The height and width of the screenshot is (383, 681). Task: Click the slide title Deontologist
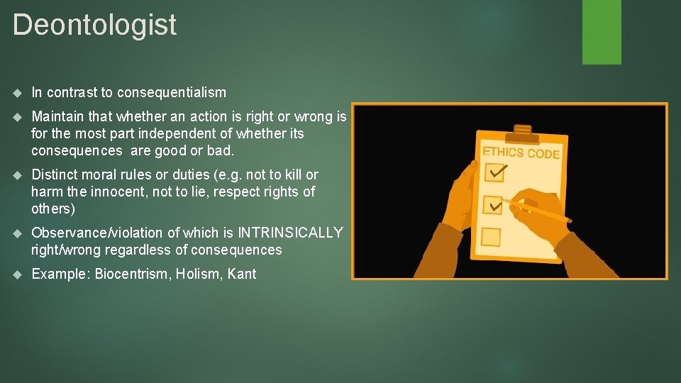(94, 25)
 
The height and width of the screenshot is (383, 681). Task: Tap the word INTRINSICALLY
(290, 233)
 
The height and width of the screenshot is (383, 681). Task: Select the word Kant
(242, 274)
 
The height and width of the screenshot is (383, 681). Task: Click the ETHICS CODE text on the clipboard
(521, 152)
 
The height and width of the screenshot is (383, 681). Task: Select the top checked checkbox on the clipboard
(494, 173)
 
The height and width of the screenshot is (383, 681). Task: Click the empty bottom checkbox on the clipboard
(491, 236)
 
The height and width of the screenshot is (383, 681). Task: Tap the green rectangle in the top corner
(602, 32)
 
